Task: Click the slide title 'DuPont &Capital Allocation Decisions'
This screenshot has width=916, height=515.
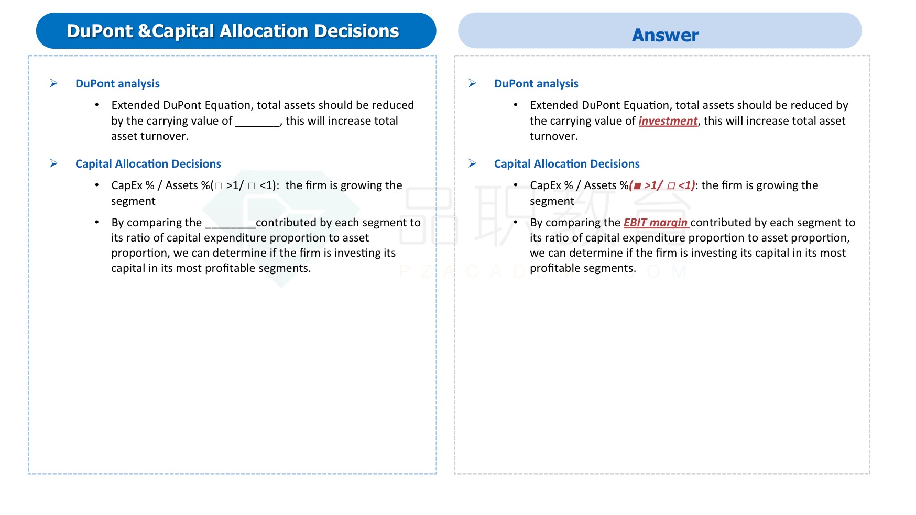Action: click(233, 31)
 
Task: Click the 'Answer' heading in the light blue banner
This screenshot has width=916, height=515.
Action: click(665, 35)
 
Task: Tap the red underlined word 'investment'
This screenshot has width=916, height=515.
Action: click(668, 121)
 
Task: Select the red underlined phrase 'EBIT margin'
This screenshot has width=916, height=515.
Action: click(655, 223)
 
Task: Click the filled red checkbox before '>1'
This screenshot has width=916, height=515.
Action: click(638, 186)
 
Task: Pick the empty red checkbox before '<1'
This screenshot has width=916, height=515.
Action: click(671, 186)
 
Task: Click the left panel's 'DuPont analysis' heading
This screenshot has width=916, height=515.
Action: click(117, 84)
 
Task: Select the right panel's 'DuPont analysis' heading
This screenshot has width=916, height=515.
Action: click(536, 84)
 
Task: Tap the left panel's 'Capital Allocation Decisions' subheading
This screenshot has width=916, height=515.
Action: click(148, 164)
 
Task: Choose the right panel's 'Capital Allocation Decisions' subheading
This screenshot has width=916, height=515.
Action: click(567, 164)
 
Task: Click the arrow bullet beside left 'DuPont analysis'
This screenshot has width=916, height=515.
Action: click(53, 83)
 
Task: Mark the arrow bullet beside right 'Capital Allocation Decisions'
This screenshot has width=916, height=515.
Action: click(472, 163)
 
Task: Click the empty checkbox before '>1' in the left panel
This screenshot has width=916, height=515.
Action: click(219, 186)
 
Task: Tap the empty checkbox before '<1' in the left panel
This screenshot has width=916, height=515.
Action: click(252, 186)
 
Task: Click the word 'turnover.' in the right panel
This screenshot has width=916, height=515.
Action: click(554, 136)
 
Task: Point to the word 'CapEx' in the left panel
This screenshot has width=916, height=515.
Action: click(127, 186)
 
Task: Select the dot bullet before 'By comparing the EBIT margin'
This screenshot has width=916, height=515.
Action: click(516, 222)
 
